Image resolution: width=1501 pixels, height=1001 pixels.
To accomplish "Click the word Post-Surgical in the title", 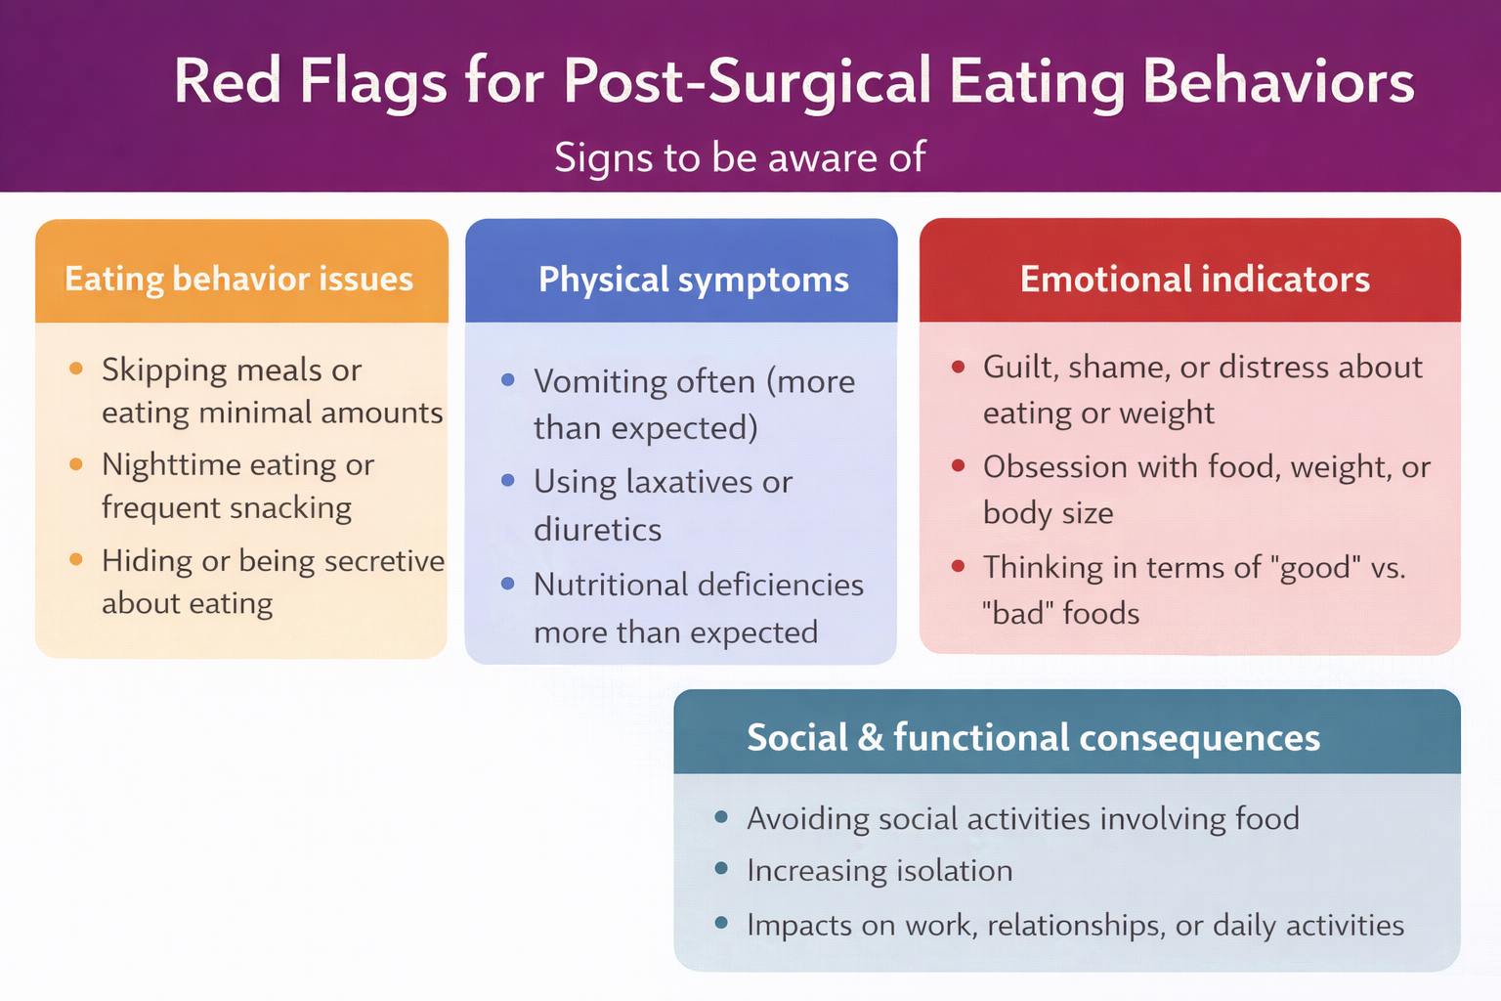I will (x=747, y=82).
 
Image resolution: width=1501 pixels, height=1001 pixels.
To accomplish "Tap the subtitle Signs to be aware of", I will (x=740, y=157).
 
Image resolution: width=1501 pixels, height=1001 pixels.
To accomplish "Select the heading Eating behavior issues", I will (x=239, y=279).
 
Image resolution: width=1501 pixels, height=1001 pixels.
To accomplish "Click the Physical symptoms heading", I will (x=694, y=280).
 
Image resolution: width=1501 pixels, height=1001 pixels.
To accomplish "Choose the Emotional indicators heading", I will (x=1195, y=280).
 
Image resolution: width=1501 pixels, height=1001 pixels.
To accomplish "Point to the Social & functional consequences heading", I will (x=1033, y=738).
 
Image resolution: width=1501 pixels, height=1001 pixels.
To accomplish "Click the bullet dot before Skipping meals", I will (x=76, y=370).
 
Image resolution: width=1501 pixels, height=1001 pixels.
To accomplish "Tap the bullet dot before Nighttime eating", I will (x=76, y=464).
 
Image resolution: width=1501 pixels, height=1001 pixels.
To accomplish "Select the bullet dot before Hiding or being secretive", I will (x=76, y=560).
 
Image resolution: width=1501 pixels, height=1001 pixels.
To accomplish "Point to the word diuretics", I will (x=597, y=530).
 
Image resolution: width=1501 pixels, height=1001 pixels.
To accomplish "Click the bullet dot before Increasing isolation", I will (x=721, y=869).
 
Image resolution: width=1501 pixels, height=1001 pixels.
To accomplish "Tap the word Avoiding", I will (x=807, y=819).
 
